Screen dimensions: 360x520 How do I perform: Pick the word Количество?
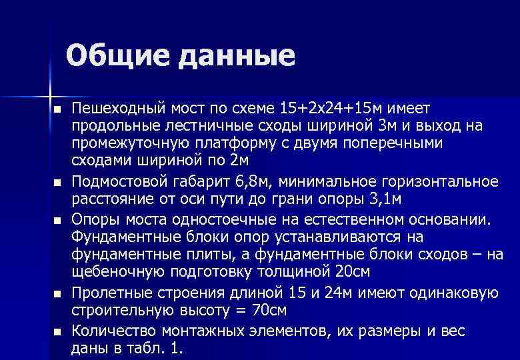tap(110, 331)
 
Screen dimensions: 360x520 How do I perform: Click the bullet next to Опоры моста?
tap(59, 221)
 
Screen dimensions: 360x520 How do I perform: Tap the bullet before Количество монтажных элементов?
tap(59, 331)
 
